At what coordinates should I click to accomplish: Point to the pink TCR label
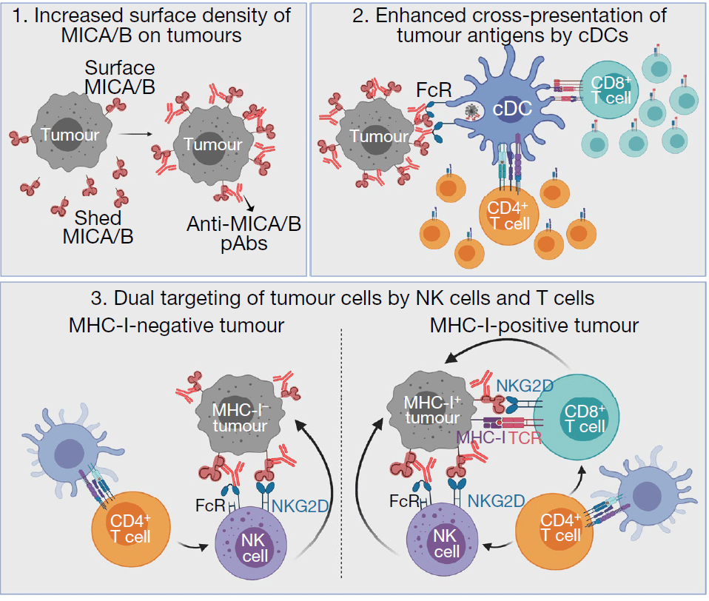[527, 438]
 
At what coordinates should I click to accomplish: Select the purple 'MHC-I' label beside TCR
[481, 438]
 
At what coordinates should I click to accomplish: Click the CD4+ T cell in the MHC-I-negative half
[131, 527]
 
